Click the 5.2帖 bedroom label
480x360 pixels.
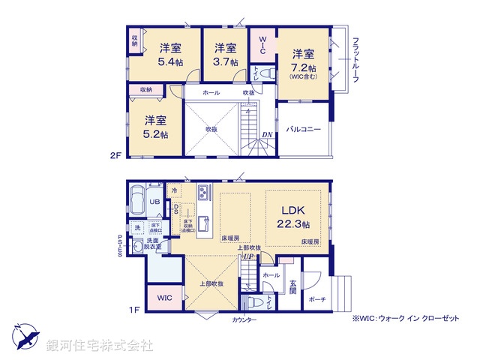(155, 126)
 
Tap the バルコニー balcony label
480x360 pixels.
(304, 130)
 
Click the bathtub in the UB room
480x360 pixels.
(139, 199)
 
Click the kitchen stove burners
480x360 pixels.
(203, 193)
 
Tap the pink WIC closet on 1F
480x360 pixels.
(164, 297)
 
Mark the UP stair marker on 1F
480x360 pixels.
(248, 257)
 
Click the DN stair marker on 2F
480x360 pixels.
(267, 135)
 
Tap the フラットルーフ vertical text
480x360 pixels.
(355, 60)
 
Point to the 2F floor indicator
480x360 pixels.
(114, 156)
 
